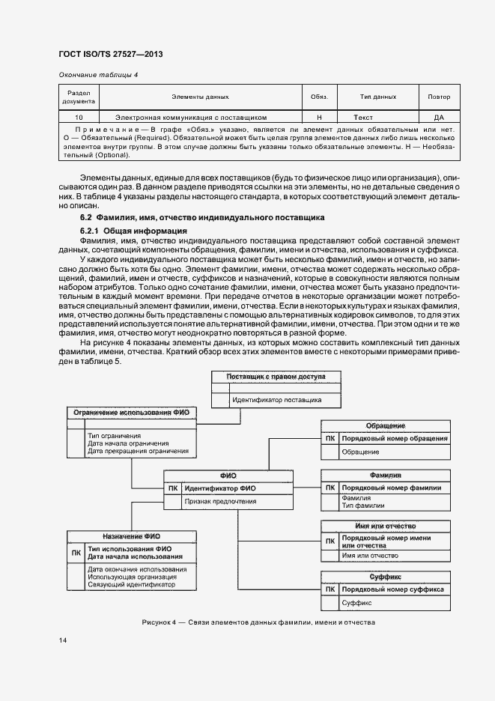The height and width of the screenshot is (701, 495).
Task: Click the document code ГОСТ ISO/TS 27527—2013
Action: pos(110,55)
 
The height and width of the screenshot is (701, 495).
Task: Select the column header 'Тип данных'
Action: pos(378,97)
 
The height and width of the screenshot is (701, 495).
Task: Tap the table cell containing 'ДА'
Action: pos(439,118)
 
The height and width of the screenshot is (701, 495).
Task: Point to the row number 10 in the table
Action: pos(79,118)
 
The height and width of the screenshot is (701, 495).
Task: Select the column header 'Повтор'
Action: pos(439,97)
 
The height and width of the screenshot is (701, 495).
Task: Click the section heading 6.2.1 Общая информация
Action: pos(133,230)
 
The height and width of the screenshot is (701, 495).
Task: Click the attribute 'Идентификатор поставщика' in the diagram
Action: pos(276,400)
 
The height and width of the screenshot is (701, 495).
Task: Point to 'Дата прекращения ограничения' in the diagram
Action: pos(138,451)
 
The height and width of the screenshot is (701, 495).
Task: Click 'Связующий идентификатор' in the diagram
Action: pos(131,585)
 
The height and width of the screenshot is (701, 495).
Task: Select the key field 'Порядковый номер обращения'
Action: pos(395,438)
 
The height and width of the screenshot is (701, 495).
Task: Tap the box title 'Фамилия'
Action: pos(385,476)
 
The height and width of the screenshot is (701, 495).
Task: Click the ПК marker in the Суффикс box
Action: pos(330,589)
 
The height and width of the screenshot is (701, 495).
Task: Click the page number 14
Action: pos(63,640)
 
